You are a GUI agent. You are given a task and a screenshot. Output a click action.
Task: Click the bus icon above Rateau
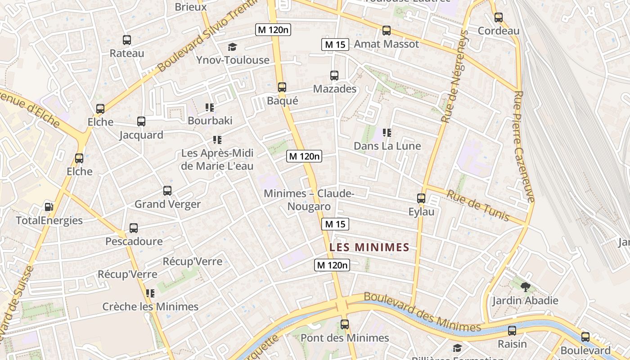pyautogui.click(x=127, y=40)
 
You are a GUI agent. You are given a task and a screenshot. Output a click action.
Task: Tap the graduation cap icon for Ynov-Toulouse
pyautogui.click(x=232, y=47)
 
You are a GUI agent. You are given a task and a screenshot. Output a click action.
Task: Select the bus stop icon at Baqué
pyautogui.click(x=282, y=87)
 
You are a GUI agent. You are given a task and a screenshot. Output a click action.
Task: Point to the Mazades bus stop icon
pyautogui.click(x=334, y=76)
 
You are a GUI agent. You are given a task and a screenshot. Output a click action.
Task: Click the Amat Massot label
pyautogui.click(x=386, y=44)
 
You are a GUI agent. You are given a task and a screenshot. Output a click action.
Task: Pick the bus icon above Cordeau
pyautogui.click(x=499, y=18)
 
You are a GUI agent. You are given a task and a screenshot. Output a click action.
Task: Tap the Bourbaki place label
pyautogui.click(x=210, y=121)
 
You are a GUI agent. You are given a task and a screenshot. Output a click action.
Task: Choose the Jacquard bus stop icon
pyautogui.click(x=141, y=121)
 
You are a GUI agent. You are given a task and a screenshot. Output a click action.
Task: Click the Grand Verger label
pyautogui.click(x=168, y=204)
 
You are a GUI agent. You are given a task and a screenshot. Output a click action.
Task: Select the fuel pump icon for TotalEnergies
pyautogui.click(x=49, y=207)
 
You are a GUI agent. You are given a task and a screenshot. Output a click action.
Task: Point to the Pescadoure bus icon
pyautogui.click(x=134, y=228)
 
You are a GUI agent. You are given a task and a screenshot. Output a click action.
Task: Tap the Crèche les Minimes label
pyautogui.click(x=150, y=307)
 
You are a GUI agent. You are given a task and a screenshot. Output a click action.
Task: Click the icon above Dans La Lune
pyautogui.click(x=387, y=133)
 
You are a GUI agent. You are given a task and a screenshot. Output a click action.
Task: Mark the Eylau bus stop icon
pyautogui.click(x=421, y=198)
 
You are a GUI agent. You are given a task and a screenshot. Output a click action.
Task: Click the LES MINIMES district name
pyautogui.click(x=369, y=247)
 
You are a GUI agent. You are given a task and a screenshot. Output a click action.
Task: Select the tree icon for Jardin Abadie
pyautogui.click(x=525, y=287)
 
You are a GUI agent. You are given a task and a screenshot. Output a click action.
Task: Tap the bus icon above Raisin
pyautogui.click(x=512, y=331)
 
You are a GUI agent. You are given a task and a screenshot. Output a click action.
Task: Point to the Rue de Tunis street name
pyautogui.click(x=477, y=206)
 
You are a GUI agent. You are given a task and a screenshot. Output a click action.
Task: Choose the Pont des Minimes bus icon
pyautogui.click(x=345, y=324)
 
